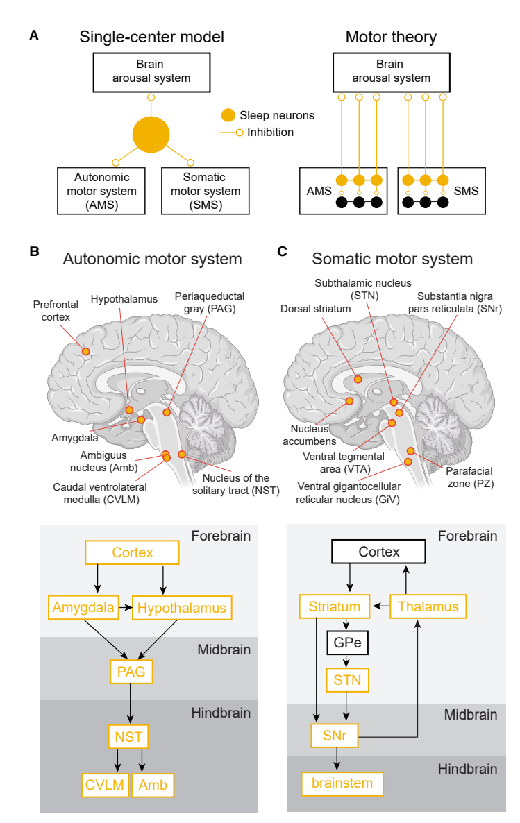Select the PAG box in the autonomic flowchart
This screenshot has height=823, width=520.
[x=131, y=671]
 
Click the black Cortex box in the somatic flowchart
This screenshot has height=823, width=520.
[x=379, y=552]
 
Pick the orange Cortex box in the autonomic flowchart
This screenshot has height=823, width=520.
[x=132, y=552]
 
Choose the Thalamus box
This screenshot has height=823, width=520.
[x=428, y=606]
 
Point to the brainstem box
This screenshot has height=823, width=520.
[x=342, y=783]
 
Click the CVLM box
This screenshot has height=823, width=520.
[x=105, y=784]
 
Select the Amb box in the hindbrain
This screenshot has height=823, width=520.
[x=152, y=784]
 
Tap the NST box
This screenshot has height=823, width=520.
[x=129, y=736]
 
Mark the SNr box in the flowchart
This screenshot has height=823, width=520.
[x=335, y=736]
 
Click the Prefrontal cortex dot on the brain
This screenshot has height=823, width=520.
[x=85, y=352]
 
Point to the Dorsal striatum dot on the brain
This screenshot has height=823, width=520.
[x=358, y=379]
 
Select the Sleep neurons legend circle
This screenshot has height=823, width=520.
[x=228, y=115]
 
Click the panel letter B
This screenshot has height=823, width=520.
[x=34, y=252]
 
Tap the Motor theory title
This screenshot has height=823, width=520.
[x=391, y=37]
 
